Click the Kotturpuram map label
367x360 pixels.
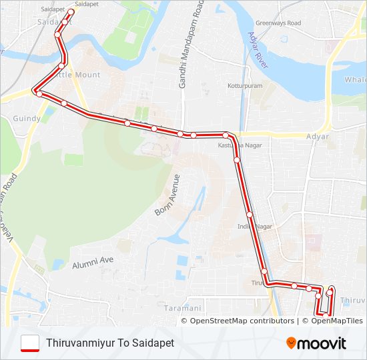pos(245,86)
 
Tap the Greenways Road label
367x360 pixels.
pos(278,23)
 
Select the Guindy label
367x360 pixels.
pos(27,118)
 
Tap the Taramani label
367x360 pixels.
pos(182,308)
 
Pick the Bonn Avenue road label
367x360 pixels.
pos(167,195)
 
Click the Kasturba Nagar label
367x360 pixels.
pos(240,145)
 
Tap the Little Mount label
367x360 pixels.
pos(78,75)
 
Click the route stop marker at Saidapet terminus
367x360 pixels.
pos(71,11)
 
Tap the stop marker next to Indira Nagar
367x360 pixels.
pos(249,215)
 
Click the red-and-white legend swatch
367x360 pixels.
pos(30,343)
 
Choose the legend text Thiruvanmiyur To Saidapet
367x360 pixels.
pos(110,343)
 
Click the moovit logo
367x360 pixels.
pos(316,343)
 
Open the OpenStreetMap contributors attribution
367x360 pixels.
pos(242,321)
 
